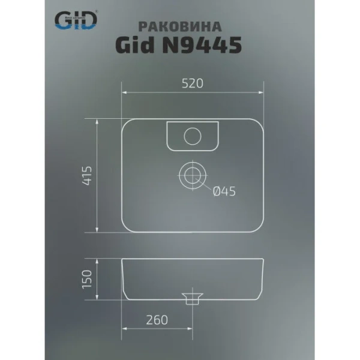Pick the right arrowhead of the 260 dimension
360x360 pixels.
pyautogui.click(x=190, y=329)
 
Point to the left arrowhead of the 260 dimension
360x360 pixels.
pyautogui.click(x=125, y=329)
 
